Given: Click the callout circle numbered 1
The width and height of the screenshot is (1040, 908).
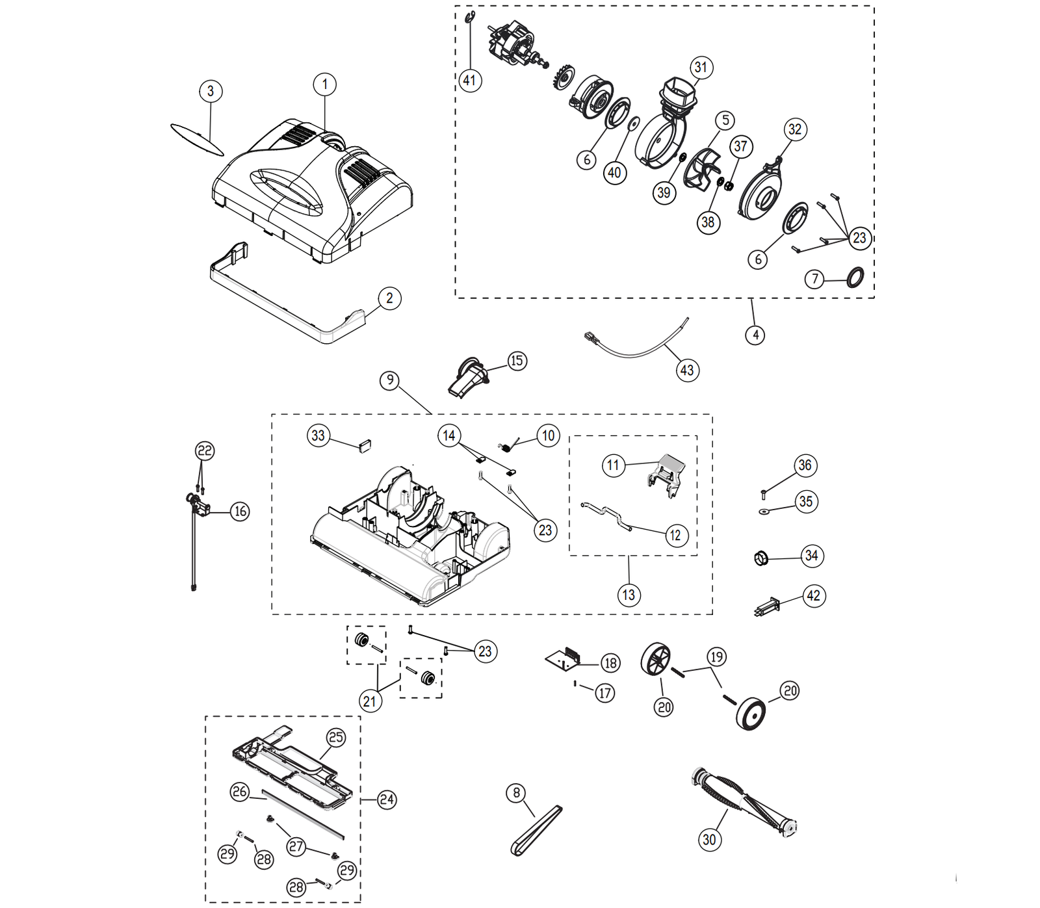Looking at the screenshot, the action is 325,84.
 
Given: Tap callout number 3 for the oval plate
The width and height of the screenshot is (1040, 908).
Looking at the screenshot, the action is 211,91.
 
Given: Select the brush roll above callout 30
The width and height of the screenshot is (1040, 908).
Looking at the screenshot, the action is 745,799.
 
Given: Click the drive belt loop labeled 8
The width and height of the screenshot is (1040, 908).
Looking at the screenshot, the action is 536,831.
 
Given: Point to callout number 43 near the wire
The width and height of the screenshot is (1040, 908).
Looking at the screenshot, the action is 687,370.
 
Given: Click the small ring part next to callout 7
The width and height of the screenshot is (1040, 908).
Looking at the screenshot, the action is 855,277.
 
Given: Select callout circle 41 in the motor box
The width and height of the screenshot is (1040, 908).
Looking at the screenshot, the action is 470,81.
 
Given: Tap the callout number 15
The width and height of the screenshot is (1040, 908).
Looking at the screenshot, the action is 517,361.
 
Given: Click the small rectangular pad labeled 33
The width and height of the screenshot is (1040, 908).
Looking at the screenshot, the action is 364,445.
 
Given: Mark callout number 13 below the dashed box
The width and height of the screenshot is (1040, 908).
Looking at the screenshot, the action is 629,595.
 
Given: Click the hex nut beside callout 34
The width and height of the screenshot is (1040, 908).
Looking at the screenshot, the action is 761,558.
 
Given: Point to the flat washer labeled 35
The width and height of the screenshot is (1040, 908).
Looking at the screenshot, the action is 764,512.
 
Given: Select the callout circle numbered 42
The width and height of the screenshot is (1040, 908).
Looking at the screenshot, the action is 814,596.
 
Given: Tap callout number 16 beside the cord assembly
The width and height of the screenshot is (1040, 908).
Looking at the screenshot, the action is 240,512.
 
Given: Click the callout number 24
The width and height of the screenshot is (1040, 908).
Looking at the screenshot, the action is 387,799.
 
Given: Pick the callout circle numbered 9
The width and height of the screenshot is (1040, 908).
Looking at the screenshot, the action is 389,380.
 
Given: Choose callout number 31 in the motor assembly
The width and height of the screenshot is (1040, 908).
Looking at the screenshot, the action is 701,68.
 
